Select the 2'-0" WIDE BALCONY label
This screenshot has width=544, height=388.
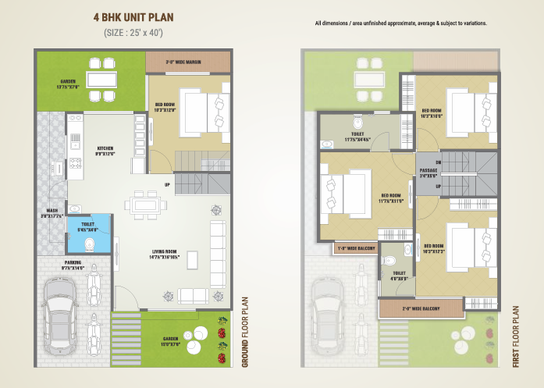pos(420,309)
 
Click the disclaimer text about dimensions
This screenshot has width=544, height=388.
pos(401,24)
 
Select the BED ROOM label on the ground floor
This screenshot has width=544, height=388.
pos(165,107)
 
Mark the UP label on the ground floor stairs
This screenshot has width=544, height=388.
pos(167,184)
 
